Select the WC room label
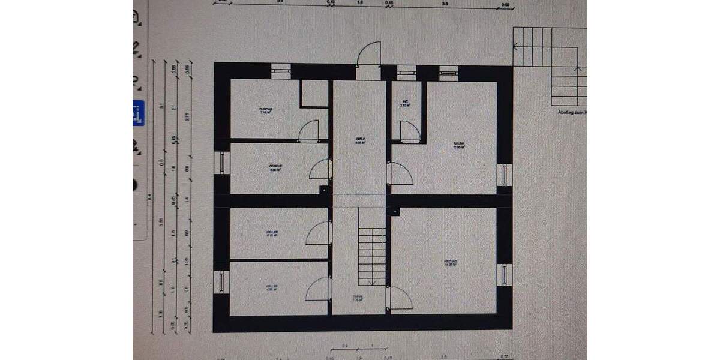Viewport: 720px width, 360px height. (406, 103)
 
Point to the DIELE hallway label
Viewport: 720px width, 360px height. (360, 141)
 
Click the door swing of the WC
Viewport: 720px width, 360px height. (409, 130)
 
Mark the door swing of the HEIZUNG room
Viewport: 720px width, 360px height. (401, 298)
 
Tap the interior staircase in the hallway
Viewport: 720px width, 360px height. (371, 256)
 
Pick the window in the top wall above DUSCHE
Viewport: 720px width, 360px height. (281, 70)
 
